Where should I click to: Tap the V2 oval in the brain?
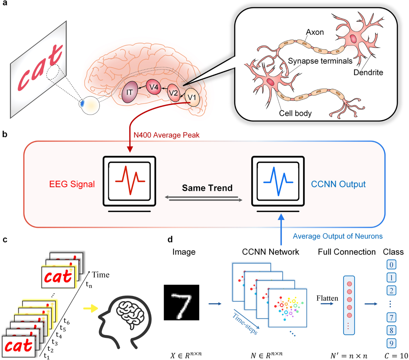click(174, 93)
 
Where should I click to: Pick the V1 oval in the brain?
click(192, 99)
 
